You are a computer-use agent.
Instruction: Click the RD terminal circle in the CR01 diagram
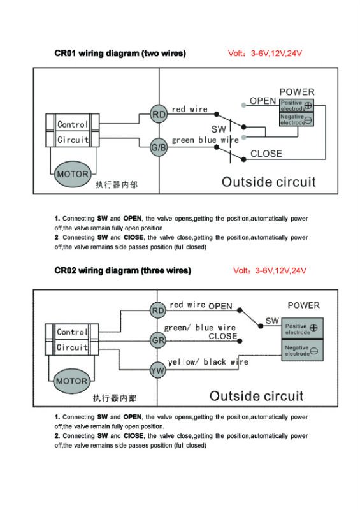tap(159, 114)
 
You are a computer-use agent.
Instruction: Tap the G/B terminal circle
tap(159, 147)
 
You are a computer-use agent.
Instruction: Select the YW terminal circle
tap(157, 370)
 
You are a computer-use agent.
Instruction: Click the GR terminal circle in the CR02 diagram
tap(158, 340)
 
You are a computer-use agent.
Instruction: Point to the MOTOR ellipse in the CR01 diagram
tap(73, 174)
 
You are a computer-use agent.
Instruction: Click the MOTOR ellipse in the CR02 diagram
tap(71, 381)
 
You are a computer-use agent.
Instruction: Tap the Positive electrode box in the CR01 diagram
tap(296, 105)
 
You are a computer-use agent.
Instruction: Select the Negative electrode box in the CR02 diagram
tap(302, 350)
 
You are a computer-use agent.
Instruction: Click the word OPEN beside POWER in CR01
tap(263, 101)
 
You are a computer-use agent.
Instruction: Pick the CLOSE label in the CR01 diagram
tap(266, 154)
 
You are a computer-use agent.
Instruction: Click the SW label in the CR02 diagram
tap(272, 321)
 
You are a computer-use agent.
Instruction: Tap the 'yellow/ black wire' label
tap(208, 362)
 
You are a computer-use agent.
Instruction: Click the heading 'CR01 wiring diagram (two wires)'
tap(120, 54)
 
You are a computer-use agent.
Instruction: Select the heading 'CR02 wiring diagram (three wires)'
tap(122, 270)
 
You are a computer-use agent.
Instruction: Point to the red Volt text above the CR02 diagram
tap(270, 270)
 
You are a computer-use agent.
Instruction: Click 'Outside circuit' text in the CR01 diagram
tap(269, 182)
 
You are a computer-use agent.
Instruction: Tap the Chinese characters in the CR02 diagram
tap(115, 398)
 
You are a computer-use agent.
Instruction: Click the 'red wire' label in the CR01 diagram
tap(190, 109)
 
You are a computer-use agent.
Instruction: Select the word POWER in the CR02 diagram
tap(304, 305)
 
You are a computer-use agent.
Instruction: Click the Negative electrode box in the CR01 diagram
tap(296, 119)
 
